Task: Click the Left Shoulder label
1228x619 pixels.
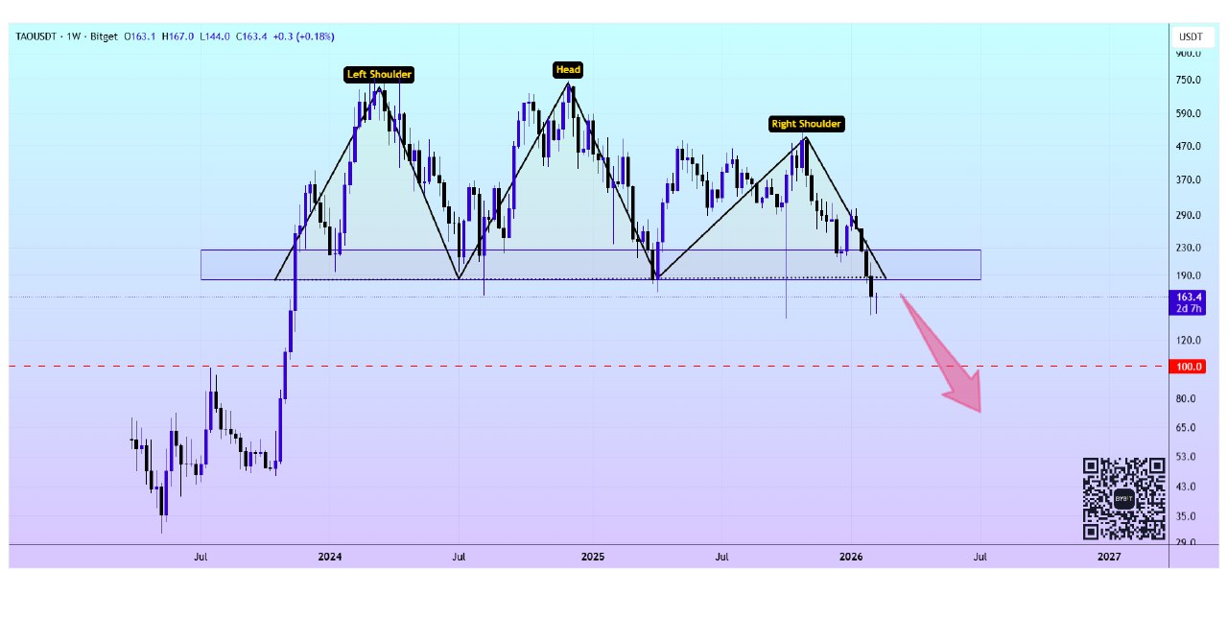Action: point(379,74)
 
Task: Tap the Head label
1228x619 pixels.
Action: point(568,69)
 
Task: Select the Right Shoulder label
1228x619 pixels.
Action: point(806,124)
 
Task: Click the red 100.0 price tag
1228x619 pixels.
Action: point(1190,367)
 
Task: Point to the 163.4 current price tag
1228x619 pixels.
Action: point(1190,298)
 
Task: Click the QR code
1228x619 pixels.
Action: point(1123,499)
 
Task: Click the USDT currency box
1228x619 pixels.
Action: point(1190,36)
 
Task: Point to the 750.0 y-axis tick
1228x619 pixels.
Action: point(1189,80)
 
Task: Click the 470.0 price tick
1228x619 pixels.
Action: point(1189,146)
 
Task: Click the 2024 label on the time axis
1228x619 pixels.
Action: point(329,557)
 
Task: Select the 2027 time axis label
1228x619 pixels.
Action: point(1108,557)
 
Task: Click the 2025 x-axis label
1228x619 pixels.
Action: point(592,557)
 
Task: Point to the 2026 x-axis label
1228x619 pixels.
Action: point(851,557)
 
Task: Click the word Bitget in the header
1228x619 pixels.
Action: point(103,36)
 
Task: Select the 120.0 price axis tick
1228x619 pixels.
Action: point(1189,340)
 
